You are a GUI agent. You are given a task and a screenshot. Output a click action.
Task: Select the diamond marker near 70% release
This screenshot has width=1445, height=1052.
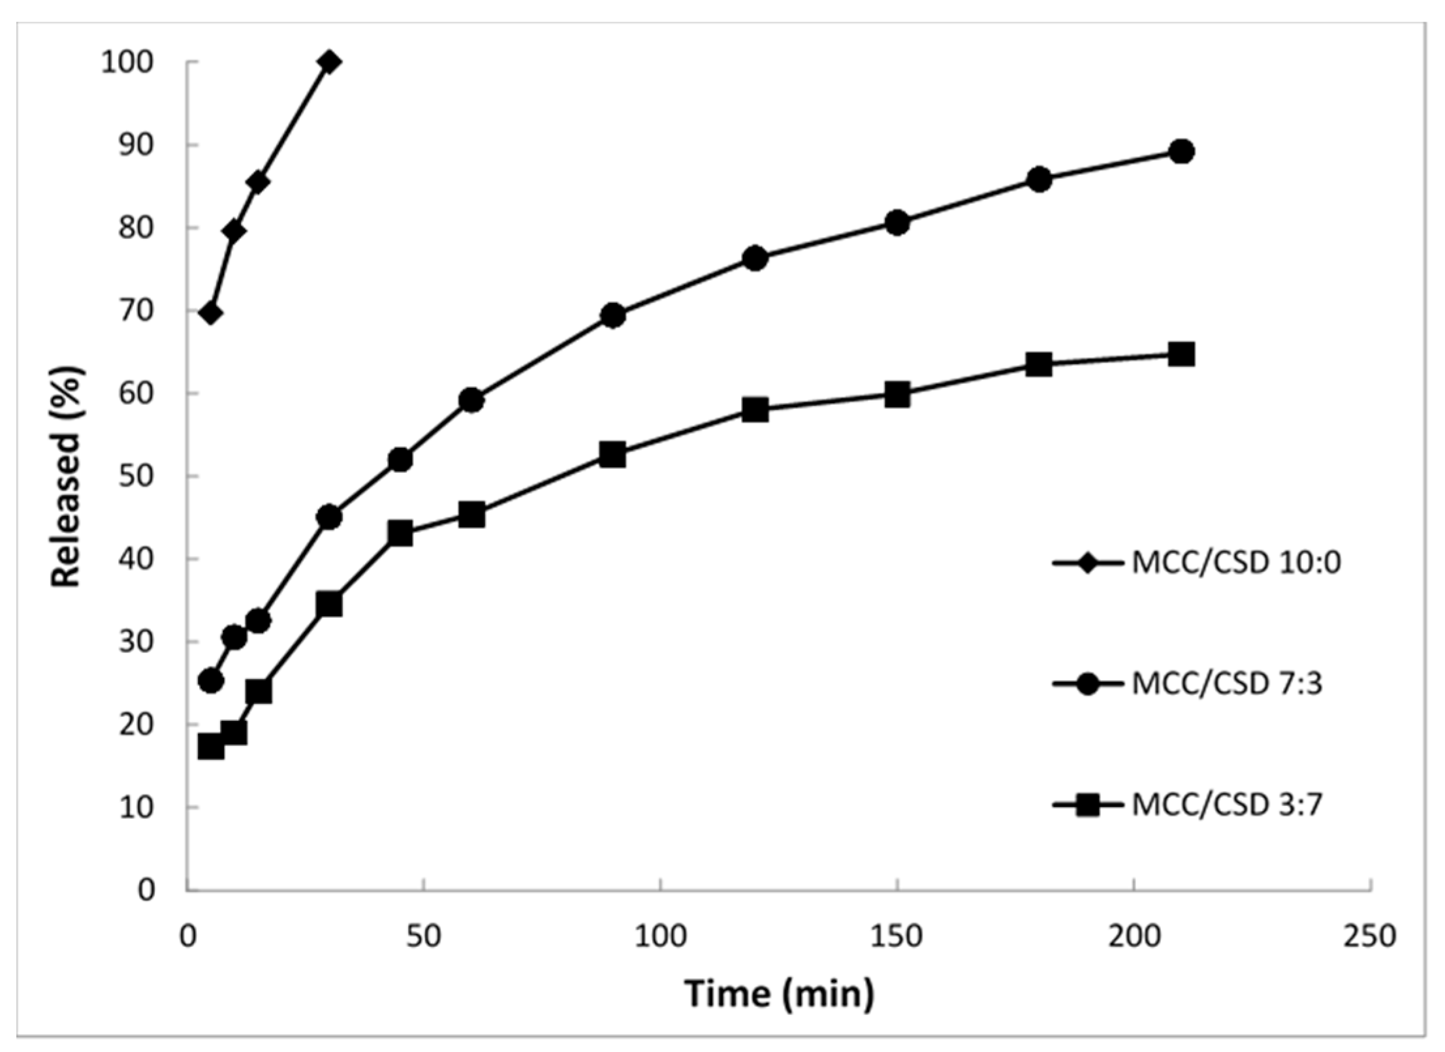tap(210, 313)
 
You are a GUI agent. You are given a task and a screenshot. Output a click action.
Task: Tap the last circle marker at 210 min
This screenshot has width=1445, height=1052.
tap(1181, 151)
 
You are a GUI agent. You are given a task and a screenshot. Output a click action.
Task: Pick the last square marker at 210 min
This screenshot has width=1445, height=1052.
tap(1181, 355)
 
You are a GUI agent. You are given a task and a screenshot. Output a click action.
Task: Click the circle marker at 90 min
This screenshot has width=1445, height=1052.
tap(612, 315)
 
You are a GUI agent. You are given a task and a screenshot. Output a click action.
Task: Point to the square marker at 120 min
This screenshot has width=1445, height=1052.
tap(755, 410)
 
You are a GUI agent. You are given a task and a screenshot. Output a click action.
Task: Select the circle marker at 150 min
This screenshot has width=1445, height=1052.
tap(897, 223)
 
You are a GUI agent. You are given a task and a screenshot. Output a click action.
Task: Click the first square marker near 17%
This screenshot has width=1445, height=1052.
tap(210, 746)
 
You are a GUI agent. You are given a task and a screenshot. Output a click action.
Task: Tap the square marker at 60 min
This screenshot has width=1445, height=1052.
tap(471, 515)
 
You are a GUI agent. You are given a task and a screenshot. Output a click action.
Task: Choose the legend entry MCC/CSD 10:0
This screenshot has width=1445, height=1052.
tap(1235, 562)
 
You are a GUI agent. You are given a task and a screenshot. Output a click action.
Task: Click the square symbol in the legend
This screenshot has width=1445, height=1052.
tap(1087, 805)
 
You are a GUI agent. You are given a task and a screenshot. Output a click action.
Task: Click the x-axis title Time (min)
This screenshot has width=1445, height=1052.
tap(778, 993)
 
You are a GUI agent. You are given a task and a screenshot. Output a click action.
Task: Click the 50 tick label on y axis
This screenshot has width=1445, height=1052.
tap(136, 476)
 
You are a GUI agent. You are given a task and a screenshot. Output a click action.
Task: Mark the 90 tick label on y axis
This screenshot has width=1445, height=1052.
tap(136, 145)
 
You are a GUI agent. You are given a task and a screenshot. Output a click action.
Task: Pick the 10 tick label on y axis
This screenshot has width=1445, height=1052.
tap(136, 807)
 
